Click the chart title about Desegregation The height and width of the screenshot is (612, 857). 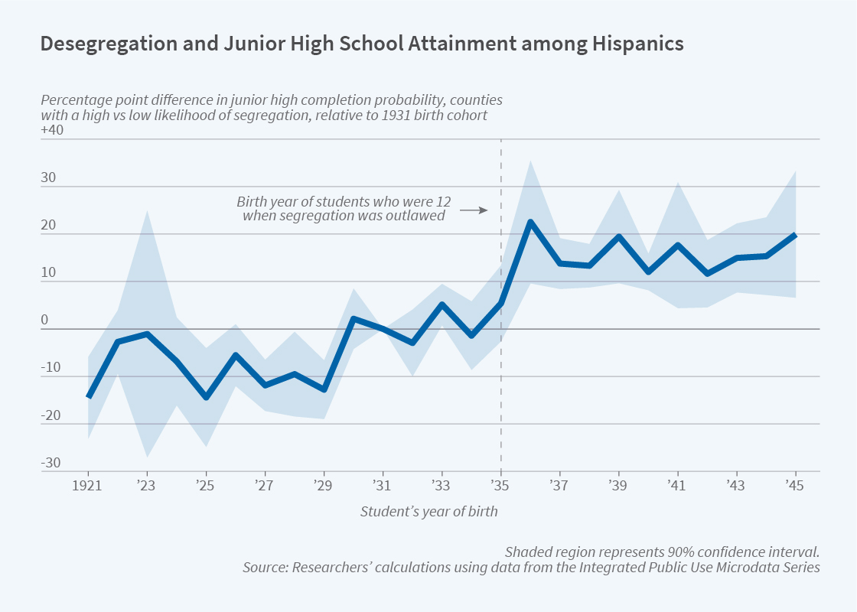[361, 44]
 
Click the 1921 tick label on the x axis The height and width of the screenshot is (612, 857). [88, 487]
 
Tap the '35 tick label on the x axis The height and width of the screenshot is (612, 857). [500, 487]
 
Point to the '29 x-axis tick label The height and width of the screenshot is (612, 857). [324, 487]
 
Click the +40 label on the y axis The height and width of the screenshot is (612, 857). [52, 130]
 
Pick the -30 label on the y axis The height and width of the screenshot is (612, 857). [52, 463]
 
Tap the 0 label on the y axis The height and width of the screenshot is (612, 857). [45, 320]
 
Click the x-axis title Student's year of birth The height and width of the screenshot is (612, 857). [428, 512]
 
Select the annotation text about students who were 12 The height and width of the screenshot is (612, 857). [344, 209]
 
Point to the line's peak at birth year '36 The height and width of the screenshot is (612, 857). [530, 222]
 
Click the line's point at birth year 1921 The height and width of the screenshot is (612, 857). [89, 396]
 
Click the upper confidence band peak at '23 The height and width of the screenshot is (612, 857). [147, 211]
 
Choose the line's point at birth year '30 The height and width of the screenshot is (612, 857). [353, 318]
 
